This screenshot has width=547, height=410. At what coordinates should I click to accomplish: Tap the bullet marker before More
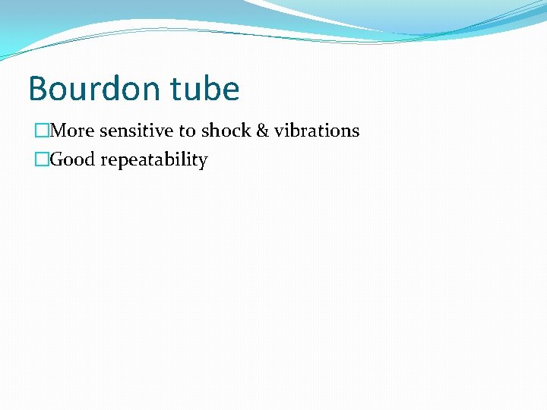point(41,131)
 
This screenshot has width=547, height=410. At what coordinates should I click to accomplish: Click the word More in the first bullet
point(72,131)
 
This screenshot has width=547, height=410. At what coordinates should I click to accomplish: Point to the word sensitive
point(137,131)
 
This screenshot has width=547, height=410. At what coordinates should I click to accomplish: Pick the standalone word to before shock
point(187,131)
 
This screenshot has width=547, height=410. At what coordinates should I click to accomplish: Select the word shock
point(226,131)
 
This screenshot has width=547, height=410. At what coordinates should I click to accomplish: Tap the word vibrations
point(318,131)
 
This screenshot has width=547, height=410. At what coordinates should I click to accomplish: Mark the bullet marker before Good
point(41,160)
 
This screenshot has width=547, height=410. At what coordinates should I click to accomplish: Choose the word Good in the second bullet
point(70,160)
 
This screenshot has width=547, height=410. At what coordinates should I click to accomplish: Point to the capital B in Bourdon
point(38,89)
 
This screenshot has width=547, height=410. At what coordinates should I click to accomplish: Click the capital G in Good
point(56,160)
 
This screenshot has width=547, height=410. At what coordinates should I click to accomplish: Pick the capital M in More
point(58,131)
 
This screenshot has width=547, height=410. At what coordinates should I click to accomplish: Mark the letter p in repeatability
point(114,162)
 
